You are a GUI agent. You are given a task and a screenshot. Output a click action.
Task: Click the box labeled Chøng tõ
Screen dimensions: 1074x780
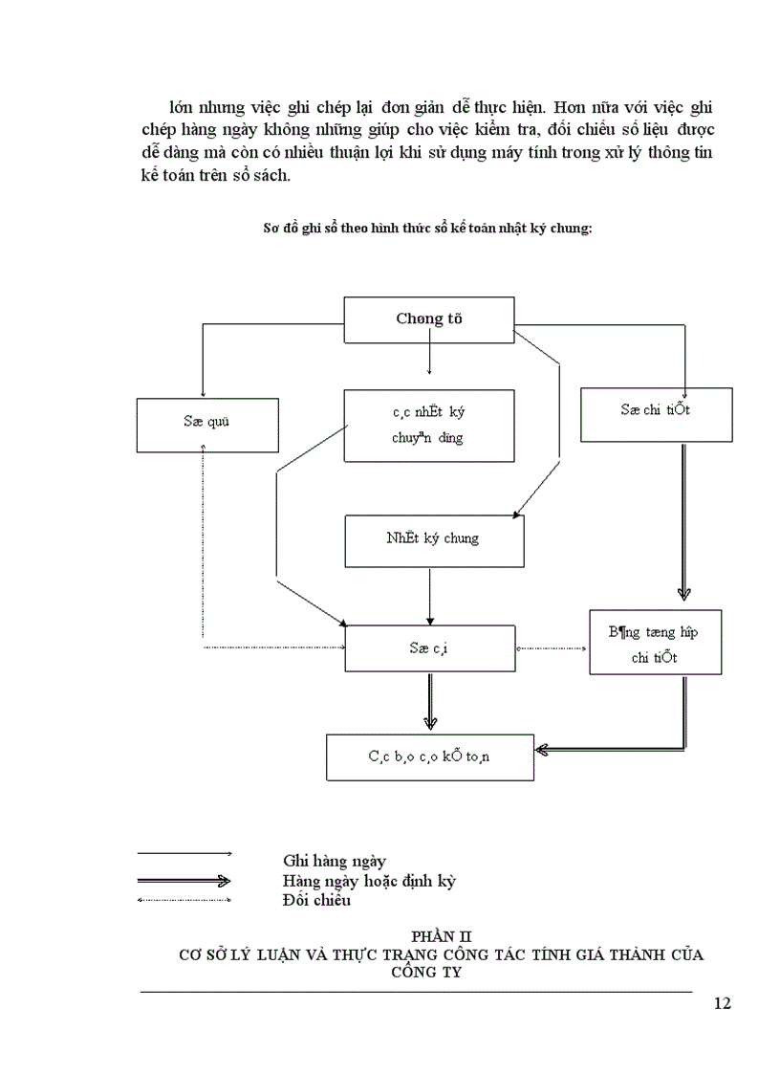tap(428, 319)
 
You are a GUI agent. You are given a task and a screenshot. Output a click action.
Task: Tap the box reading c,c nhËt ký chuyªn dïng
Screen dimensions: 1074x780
tap(428, 425)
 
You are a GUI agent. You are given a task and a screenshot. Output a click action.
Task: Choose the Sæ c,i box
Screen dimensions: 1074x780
tap(428, 648)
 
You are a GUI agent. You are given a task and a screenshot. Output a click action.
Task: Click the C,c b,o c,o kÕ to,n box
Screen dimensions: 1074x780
tap(429, 756)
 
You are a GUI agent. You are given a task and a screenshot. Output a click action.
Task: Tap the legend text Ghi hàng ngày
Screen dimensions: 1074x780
tap(334, 861)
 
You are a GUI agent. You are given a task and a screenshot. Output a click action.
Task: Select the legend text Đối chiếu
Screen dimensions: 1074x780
tap(316, 900)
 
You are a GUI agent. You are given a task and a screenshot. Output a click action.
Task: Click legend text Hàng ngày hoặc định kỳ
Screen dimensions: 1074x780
tap(369, 880)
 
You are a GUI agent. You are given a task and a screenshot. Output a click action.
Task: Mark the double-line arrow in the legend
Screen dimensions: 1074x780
tap(184, 880)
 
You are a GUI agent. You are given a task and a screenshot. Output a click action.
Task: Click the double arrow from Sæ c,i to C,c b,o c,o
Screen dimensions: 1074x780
tap(429, 702)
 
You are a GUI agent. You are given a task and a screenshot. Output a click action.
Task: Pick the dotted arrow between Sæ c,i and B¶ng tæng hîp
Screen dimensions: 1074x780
tap(552, 648)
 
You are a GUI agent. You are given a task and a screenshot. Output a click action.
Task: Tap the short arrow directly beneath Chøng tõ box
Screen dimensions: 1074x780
tap(429, 358)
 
